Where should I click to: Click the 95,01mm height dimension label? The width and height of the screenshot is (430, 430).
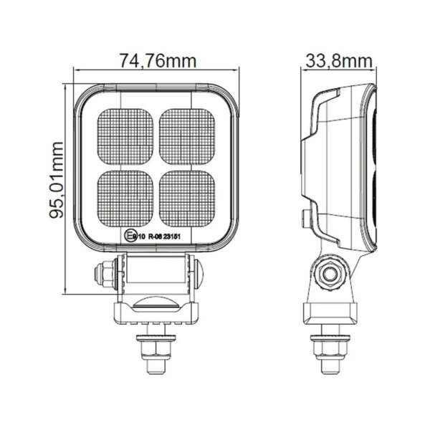click(x=58, y=179)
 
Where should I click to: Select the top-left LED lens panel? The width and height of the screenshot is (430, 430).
click(x=126, y=135)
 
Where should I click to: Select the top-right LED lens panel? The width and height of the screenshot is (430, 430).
click(x=187, y=135)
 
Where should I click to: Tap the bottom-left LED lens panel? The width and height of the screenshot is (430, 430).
click(x=126, y=196)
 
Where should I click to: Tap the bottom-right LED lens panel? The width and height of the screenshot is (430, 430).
click(x=187, y=196)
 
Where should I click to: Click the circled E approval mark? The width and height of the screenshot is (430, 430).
click(x=129, y=234)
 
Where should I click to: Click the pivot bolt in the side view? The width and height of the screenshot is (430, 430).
click(x=330, y=274)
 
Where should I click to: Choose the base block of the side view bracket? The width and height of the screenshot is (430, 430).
click(x=330, y=315)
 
